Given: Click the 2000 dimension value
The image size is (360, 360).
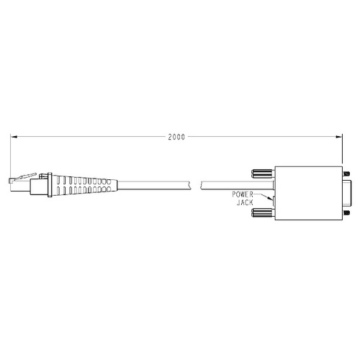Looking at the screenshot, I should point(176,136).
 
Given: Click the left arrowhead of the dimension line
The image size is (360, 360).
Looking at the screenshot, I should point(14,136).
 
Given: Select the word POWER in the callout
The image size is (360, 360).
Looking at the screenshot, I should point(241,195).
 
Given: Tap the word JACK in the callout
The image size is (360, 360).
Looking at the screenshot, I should point(245,202).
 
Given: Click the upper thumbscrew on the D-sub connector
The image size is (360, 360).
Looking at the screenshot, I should point(261,174).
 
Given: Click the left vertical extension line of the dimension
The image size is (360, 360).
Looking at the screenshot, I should point(11,155).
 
